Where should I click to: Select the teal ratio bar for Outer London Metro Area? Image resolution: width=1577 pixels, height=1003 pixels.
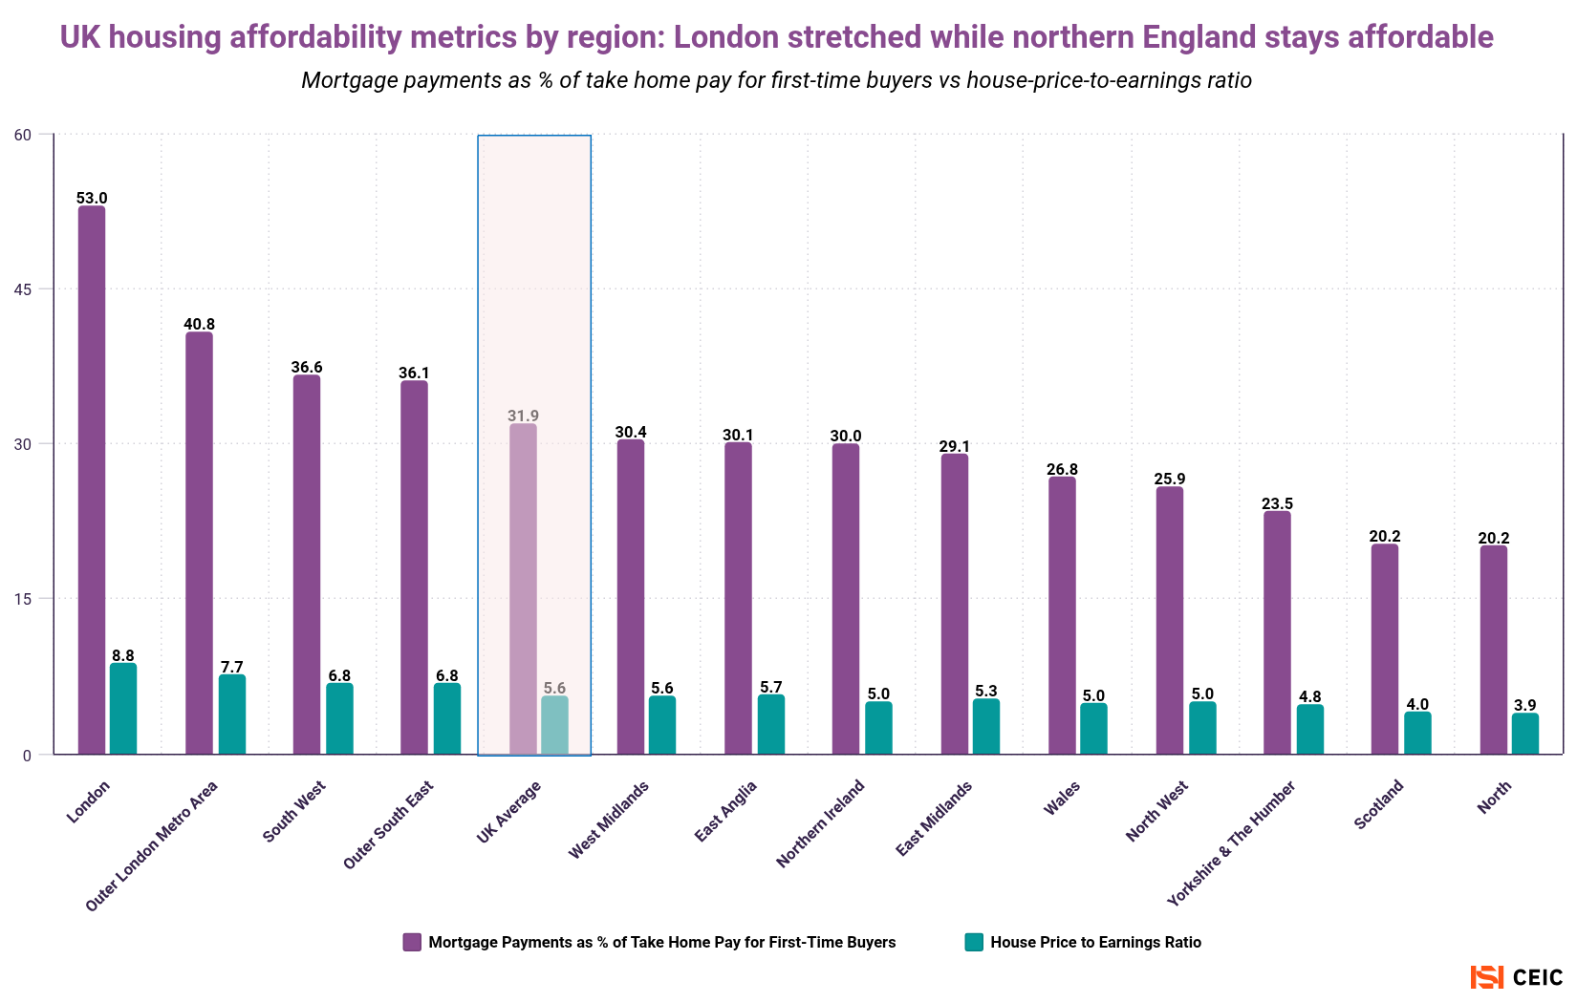(x=232, y=715)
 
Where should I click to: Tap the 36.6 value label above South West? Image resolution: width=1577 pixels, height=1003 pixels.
(x=307, y=367)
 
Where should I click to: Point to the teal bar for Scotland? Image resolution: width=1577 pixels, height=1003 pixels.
(x=1417, y=733)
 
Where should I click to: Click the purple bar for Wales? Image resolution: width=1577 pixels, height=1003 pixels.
(x=1062, y=615)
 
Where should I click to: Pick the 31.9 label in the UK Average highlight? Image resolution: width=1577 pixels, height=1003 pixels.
(x=523, y=416)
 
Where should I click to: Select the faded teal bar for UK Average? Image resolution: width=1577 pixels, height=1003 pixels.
(x=554, y=725)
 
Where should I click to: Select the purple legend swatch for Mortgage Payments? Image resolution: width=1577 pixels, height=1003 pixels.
(x=412, y=942)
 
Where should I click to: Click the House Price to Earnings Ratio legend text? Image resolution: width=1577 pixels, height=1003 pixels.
(x=1095, y=942)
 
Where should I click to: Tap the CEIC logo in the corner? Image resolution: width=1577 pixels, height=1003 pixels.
(x=1517, y=977)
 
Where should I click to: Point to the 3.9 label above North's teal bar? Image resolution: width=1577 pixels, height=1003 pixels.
(x=1525, y=705)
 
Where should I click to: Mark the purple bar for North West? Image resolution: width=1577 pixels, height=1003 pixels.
(x=1170, y=621)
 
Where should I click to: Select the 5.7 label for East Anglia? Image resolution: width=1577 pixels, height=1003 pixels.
(x=771, y=687)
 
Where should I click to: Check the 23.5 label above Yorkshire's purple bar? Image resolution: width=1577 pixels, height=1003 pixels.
(x=1277, y=503)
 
